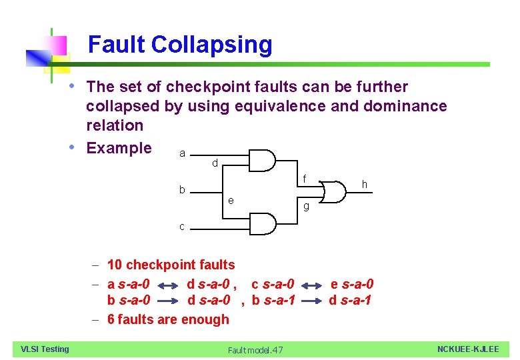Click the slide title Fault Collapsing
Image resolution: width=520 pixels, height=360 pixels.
pos(180,45)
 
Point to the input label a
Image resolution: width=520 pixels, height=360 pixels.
pos(183,154)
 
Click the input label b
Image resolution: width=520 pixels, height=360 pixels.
pos(182,190)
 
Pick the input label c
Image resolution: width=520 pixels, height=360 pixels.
pos(182,227)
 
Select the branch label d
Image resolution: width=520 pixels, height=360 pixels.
pos(215,163)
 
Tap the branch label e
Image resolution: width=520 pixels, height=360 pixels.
pos(230,200)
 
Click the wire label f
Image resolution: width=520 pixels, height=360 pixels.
pos(304,179)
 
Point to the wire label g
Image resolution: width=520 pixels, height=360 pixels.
pos(306,206)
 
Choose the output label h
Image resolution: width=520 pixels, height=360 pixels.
pos(364,184)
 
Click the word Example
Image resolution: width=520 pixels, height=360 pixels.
pos(119,148)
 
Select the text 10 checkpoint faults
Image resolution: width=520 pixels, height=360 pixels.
pos(171,265)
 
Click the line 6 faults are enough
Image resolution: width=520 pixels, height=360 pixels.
pos(168,319)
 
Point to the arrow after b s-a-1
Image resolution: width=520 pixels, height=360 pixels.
pos(313,301)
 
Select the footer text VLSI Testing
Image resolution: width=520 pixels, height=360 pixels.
pos(45,349)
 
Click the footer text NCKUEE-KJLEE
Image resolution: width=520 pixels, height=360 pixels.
pos(468,349)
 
